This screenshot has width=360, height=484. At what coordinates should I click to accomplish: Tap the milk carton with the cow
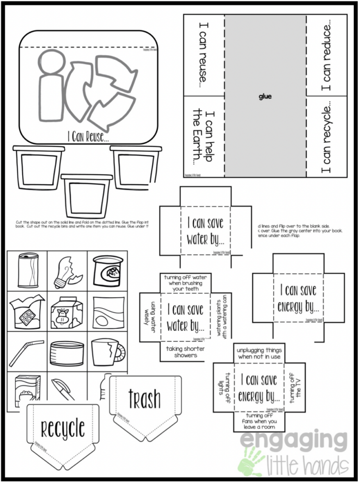[x=67, y=312]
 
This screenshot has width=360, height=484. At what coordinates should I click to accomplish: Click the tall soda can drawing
[x=28, y=271]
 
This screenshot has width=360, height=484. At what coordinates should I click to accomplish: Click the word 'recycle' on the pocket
[x=62, y=428]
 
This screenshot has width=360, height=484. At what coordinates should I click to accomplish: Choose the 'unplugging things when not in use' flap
[x=259, y=353]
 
